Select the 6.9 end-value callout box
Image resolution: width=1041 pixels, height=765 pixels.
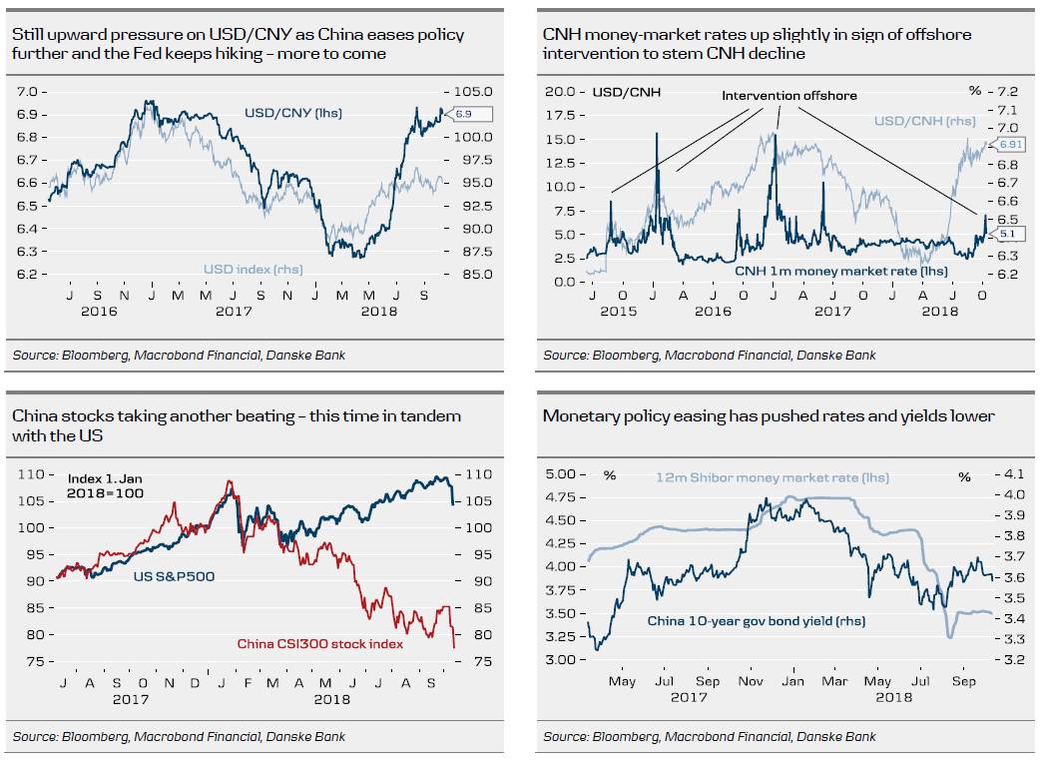click(x=467, y=115)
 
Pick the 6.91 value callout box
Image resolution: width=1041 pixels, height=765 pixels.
click(x=1008, y=145)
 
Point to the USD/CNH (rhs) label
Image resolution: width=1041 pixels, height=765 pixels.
click(x=924, y=122)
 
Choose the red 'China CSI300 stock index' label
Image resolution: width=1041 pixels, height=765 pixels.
click(x=319, y=644)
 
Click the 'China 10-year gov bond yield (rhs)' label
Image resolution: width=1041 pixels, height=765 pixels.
click(x=757, y=621)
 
